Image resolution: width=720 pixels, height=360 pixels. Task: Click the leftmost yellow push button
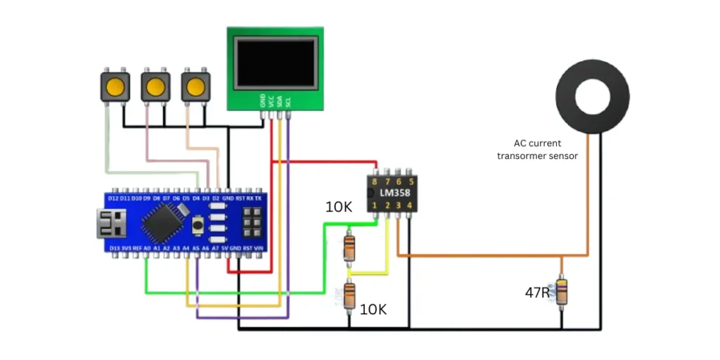[115, 88]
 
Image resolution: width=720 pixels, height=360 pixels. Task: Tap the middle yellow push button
[155, 88]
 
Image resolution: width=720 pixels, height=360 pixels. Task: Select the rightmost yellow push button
[195, 88]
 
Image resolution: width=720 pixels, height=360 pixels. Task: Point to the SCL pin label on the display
[288, 101]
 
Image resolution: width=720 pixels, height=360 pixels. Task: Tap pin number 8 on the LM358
[375, 181]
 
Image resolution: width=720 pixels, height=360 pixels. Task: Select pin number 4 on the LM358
[409, 205]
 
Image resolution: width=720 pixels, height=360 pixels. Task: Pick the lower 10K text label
[373, 309]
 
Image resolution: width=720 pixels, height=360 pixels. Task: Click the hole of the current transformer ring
[591, 95]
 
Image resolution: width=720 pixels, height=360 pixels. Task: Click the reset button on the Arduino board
[198, 225]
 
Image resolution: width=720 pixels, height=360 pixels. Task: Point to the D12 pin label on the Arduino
[113, 199]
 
